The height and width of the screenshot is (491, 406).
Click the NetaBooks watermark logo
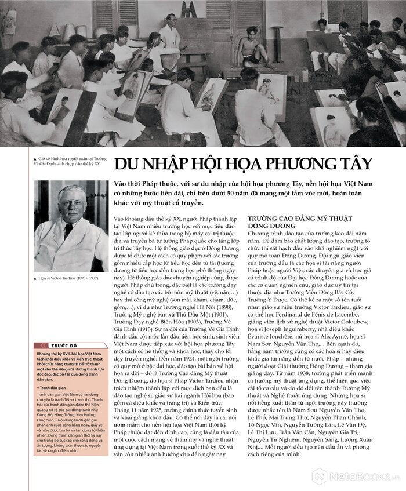coord(355,476)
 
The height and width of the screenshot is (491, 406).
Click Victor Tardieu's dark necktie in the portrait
coord(68,231)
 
